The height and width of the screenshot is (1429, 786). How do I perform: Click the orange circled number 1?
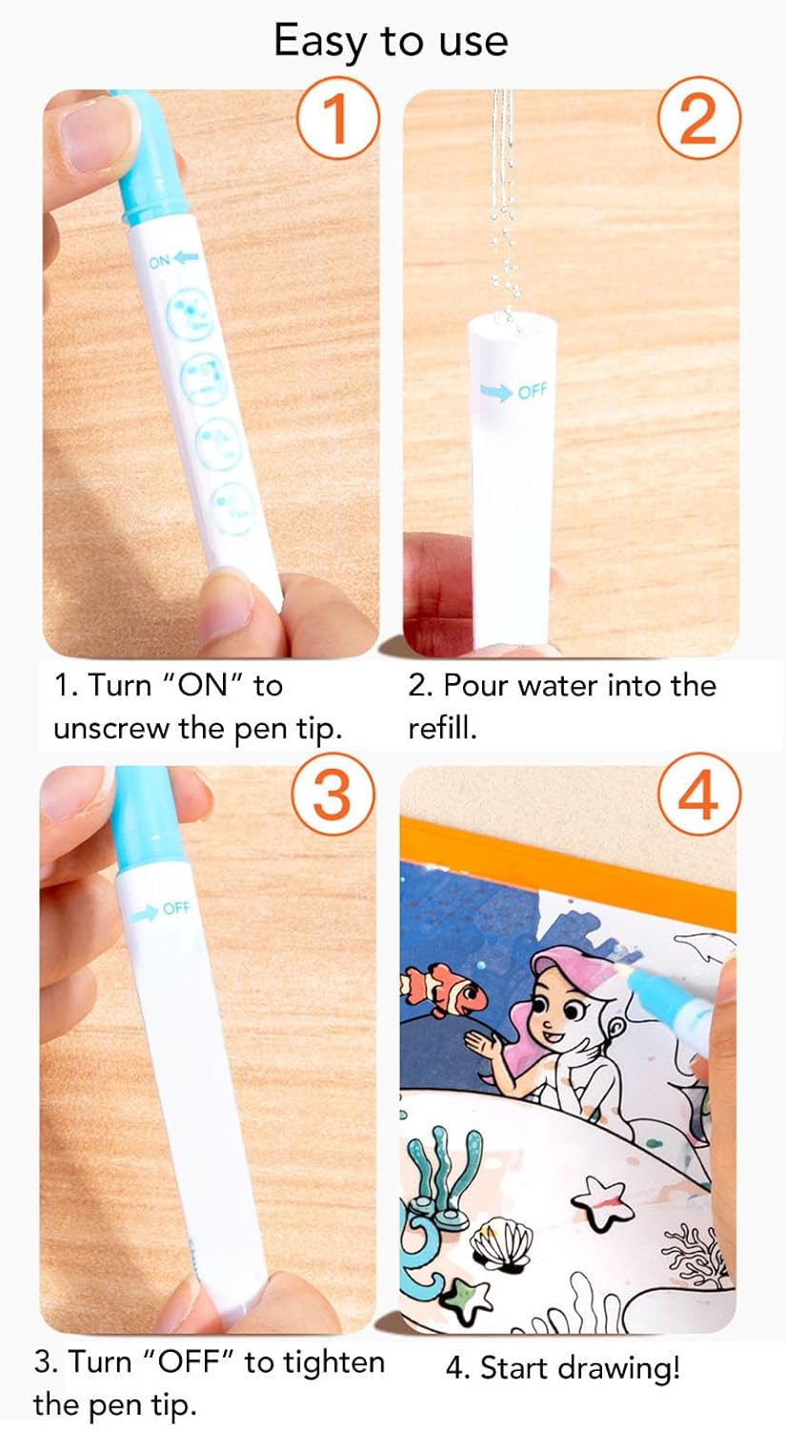(338, 119)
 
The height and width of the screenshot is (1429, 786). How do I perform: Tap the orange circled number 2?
(698, 119)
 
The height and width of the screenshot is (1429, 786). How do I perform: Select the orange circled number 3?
(333, 795)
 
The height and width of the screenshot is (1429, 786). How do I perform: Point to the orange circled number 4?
(699, 795)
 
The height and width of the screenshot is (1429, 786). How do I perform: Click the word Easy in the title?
(319, 42)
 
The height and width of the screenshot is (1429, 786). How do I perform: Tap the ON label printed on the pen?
(159, 261)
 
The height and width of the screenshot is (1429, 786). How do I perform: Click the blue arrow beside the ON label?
(187, 256)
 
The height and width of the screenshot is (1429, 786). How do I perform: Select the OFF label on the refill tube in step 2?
(532, 391)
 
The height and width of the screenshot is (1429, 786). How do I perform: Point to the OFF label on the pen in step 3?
(176, 908)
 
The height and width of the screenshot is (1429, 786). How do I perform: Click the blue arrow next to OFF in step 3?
(145, 913)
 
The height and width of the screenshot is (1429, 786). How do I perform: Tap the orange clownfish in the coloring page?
(445, 989)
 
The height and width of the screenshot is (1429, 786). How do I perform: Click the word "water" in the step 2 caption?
(558, 687)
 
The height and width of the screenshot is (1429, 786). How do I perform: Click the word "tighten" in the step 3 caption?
(333, 1363)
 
